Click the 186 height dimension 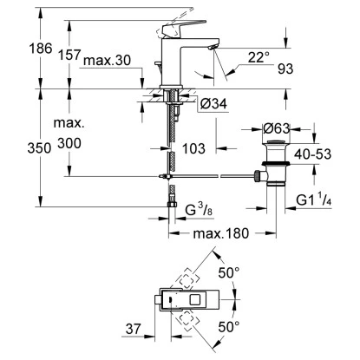41,49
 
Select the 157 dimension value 69,55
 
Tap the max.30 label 107,61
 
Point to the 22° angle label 259,57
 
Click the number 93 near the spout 285,69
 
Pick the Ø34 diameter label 213,103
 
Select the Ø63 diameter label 276,128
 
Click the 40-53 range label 312,154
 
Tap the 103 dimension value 193,148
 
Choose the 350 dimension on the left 39,148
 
